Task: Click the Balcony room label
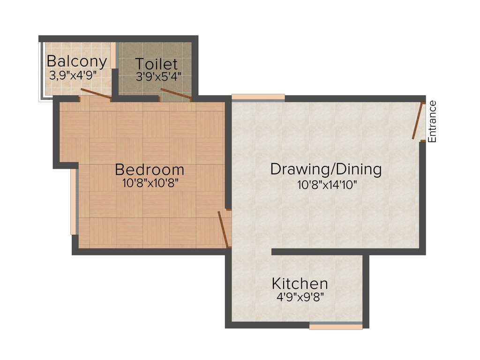click(x=77, y=61)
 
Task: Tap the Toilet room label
click(x=157, y=64)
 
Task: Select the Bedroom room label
click(x=150, y=169)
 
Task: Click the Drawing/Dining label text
click(x=326, y=169)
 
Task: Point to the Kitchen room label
click(x=300, y=284)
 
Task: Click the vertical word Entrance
click(x=432, y=121)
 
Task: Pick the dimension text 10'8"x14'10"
click(x=327, y=185)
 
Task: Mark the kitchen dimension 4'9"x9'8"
click(x=300, y=297)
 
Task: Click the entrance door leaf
click(x=417, y=121)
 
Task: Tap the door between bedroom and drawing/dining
click(x=223, y=229)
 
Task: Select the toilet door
click(x=175, y=94)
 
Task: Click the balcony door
click(x=96, y=94)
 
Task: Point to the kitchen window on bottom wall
click(x=336, y=325)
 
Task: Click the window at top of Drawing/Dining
click(x=258, y=97)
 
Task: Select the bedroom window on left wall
click(x=73, y=202)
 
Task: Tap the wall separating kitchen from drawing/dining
click(x=319, y=252)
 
